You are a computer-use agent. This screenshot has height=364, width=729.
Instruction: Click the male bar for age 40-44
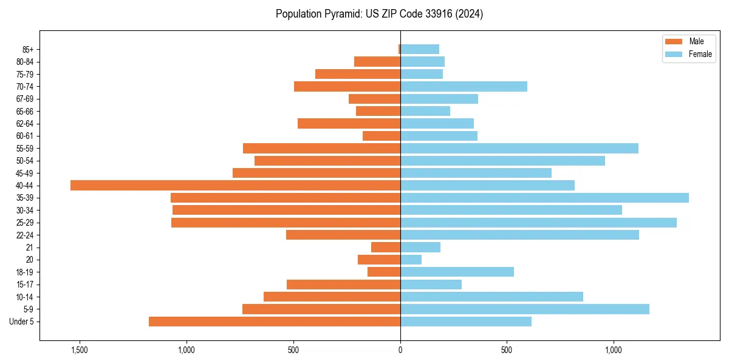click(x=235, y=186)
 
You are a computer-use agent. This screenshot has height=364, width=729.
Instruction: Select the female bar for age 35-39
click(x=544, y=198)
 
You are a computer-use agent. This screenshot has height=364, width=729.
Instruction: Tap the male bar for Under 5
click(x=275, y=322)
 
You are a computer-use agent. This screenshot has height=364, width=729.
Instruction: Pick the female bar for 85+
click(x=419, y=49)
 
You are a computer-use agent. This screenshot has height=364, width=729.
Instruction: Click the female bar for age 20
click(x=411, y=260)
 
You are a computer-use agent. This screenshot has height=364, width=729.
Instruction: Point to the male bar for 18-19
click(x=384, y=272)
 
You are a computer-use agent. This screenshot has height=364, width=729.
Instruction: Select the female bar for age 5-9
click(x=524, y=309)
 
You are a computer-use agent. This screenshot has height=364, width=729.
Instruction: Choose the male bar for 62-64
click(x=349, y=124)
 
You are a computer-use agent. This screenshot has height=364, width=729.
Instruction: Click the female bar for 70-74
click(x=464, y=87)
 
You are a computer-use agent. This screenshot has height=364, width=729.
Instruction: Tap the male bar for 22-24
click(x=343, y=235)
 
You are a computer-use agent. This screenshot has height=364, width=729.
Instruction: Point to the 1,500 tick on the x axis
click(x=80, y=349)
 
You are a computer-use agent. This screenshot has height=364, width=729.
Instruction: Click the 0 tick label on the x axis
click(x=400, y=349)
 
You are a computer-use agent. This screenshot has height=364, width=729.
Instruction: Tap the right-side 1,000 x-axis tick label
click(x=614, y=349)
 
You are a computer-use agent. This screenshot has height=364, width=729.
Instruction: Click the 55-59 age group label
click(x=25, y=149)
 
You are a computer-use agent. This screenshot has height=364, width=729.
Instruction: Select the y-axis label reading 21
click(x=30, y=248)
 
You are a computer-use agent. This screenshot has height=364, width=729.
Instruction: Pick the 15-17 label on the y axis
click(x=25, y=285)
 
